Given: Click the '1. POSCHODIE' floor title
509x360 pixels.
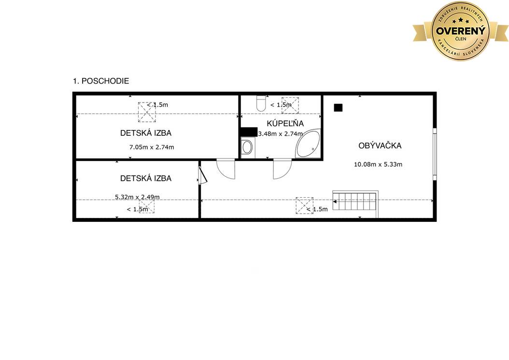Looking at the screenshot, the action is [101, 81].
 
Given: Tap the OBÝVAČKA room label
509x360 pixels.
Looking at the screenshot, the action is [380, 145].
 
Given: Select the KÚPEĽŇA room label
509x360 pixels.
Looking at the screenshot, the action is [285, 124].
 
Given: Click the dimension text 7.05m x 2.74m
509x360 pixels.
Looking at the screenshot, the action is [152, 147].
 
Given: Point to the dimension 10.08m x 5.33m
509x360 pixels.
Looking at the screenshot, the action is [378, 164].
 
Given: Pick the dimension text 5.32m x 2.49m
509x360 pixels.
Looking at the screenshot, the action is [137, 197].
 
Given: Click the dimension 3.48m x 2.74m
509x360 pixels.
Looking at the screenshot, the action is [281, 133].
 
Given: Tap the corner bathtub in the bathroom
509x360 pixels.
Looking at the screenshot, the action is [308, 144].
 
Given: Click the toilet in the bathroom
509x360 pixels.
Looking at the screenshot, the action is [261, 103].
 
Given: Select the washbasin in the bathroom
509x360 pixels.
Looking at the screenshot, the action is [247, 147].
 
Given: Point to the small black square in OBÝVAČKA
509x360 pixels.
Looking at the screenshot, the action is [338, 108].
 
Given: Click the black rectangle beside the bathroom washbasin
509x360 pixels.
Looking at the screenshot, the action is [249, 131].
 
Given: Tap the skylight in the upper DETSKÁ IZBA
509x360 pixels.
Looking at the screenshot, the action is [147, 112].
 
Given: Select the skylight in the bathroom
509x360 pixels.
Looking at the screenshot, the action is [290, 105].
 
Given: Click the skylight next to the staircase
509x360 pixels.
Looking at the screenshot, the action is [305, 206].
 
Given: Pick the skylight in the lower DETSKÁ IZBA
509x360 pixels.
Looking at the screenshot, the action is [147, 206].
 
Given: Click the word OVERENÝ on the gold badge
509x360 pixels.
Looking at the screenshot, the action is [460, 31].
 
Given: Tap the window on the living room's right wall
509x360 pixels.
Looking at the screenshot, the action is [435, 154].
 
